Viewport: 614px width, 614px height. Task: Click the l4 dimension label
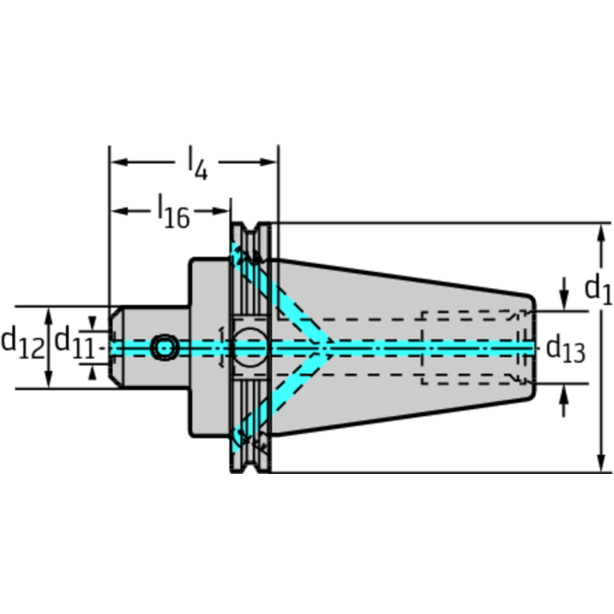pos(198,163)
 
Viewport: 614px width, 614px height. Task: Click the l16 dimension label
pos(174,212)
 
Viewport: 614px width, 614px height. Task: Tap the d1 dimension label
pos(598,289)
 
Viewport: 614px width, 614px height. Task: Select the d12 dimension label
pos(23,343)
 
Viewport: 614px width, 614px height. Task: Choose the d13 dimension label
pos(565,347)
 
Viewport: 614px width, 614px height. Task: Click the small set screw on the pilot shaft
pos(164,347)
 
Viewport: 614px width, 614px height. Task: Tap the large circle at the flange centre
pos(250,347)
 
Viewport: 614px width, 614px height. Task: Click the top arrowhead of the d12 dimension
pos(49,316)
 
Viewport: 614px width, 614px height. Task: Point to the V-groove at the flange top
pos(250,228)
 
